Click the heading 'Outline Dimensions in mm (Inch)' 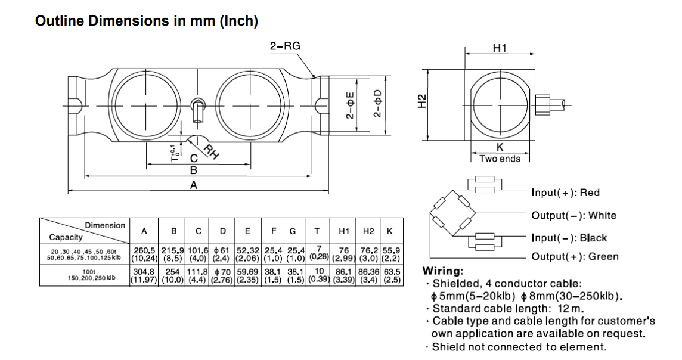[147, 21]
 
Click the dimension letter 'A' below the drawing [193, 185]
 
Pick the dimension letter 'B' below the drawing [193, 170]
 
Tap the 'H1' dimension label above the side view [500, 48]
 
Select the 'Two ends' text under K [500, 159]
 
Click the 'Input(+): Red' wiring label [565, 193]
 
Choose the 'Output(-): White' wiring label [573, 215]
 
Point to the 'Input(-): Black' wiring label [569, 238]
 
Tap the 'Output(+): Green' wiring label [575, 257]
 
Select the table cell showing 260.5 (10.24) [144, 255]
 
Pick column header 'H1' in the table [344, 231]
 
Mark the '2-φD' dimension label [377, 104]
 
